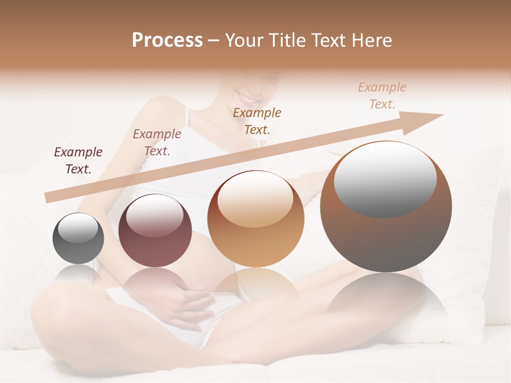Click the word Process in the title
[x=167, y=40]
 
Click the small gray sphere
[x=78, y=239]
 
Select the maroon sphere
[x=155, y=230]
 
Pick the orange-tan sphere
[x=256, y=219]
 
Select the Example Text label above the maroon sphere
[x=157, y=143]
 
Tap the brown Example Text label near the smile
[x=257, y=121]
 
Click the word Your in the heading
[x=245, y=40]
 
